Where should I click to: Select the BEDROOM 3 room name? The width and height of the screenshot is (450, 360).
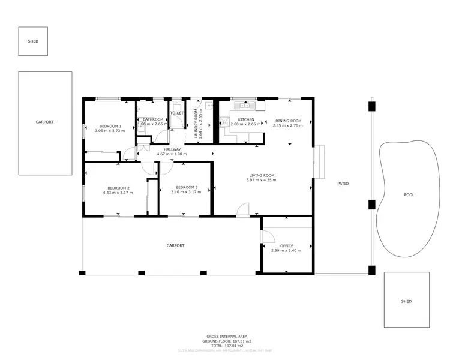(186, 187)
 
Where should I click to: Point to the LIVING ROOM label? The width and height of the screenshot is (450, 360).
(262, 175)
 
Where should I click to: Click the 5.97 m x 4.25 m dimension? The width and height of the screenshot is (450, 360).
(262, 180)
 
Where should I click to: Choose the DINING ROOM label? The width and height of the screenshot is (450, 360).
(287, 121)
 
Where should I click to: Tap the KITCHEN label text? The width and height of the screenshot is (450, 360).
(246, 120)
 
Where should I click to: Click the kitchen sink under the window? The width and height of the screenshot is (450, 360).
(246, 106)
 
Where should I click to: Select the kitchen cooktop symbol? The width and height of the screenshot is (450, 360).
(224, 122)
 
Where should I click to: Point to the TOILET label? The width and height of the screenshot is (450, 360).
(177, 113)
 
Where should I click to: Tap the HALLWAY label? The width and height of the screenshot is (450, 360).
(172, 149)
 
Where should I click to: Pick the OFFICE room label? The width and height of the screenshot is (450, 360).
(286, 245)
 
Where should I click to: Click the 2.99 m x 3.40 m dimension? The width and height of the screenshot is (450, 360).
(286, 250)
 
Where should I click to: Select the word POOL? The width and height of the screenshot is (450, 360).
(409, 195)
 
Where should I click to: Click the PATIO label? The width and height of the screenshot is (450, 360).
(343, 184)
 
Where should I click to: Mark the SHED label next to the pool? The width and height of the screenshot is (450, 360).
(406, 301)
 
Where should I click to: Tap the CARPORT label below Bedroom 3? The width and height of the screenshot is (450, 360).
(175, 245)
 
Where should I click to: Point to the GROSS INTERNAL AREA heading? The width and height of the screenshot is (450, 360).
(226, 336)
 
